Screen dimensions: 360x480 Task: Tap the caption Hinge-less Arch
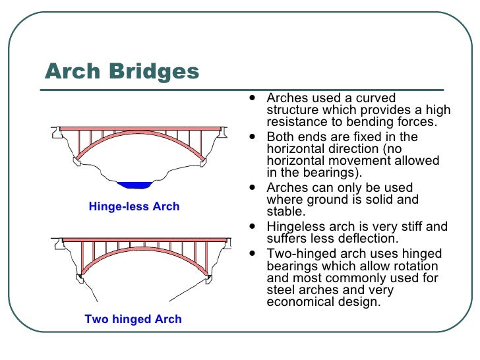click(134, 206)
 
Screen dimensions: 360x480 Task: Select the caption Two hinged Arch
click(133, 319)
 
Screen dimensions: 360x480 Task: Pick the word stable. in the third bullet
click(285, 212)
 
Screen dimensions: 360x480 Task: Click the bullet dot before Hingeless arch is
click(254, 227)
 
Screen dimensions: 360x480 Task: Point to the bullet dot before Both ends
click(254, 137)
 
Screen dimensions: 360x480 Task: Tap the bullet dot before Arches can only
click(254, 187)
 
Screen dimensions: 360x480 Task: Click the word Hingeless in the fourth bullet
click(296, 227)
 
